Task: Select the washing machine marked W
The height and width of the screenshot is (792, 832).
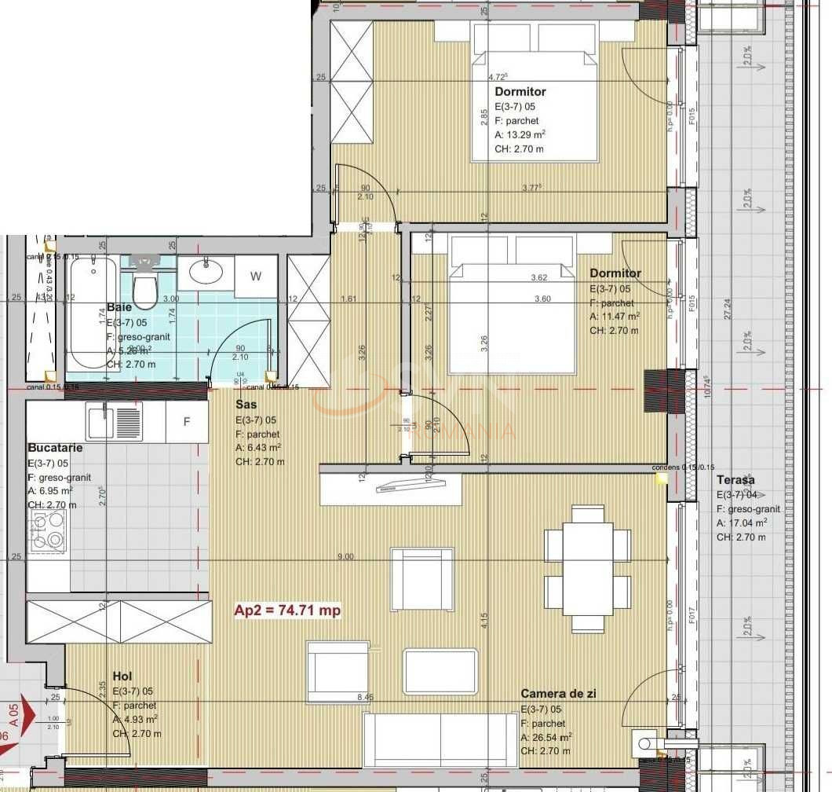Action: tap(256, 277)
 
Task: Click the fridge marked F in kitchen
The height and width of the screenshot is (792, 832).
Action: tap(187, 422)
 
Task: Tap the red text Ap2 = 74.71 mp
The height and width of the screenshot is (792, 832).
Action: tap(288, 610)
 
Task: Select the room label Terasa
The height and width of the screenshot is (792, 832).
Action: tap(735, 480)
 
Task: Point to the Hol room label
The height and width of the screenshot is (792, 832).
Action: tap(122, 676)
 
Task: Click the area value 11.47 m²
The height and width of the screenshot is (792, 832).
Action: tap(615, 316)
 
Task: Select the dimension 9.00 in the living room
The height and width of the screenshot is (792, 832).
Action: tap(345, 556)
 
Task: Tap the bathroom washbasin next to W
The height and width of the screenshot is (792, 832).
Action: tap(206, 272)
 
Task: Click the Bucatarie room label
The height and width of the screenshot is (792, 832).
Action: tap(54, 447)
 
